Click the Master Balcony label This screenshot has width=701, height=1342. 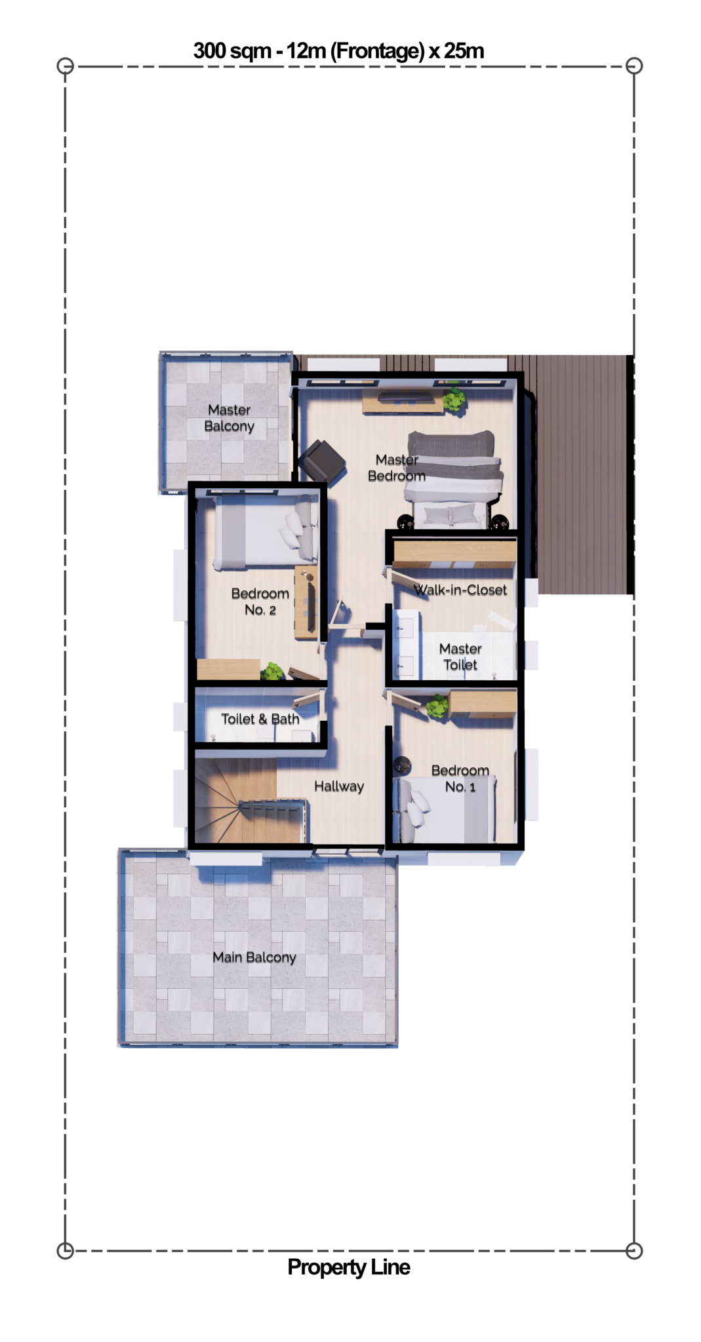229,418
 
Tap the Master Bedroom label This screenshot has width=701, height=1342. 397,468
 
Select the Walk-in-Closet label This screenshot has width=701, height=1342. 460,590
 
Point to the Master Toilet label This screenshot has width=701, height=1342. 460,657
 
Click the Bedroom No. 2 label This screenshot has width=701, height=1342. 260,602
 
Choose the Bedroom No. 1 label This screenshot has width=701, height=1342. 460,778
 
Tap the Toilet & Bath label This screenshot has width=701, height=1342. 260,719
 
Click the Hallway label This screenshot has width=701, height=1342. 339,786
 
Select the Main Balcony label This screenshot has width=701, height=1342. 254,957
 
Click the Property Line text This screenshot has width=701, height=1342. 349,1267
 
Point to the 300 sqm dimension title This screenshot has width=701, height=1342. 338,50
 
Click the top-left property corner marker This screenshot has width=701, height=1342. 66,66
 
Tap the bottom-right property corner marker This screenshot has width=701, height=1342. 633,1250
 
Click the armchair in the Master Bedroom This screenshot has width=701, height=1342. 322,460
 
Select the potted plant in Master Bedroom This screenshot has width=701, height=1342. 454,399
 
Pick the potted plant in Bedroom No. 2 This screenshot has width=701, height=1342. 272,672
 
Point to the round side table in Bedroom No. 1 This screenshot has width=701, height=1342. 402,765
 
